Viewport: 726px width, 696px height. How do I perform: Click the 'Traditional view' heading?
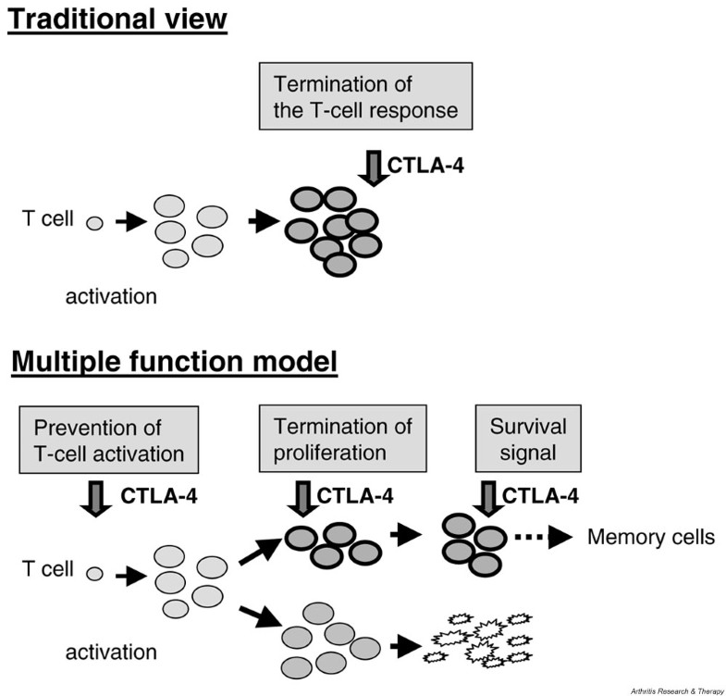tap(117, 19)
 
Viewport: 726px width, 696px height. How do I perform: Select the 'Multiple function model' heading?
tap(174, 362)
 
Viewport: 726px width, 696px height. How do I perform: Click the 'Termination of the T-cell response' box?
tap(366, 96)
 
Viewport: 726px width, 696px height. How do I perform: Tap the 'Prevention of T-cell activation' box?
tap(109, 440)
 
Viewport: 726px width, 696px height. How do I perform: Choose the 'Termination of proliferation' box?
tap(342, 439)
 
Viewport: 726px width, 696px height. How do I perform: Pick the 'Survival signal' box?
tap(528, 439)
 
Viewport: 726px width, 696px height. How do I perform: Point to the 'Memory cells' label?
tap(651, 537)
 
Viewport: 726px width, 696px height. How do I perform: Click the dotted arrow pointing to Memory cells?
tap(544, 538)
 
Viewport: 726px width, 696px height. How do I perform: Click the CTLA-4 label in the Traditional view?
tap(425, 166)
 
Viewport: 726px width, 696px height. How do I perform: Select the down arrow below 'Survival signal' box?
tap(489, 499)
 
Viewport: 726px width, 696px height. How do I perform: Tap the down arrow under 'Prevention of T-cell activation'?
tap(96, 499)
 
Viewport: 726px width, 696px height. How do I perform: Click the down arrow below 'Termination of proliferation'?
tap(303, 499)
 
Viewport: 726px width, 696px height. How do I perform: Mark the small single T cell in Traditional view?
tap(94, 223)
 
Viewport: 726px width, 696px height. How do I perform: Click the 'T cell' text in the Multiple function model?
tap(48, 568)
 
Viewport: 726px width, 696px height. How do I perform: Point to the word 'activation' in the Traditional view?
tap(111, 296)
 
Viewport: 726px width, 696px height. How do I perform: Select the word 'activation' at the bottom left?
tap(111, 652)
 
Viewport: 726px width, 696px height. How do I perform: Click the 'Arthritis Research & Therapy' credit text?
tap(676, 691)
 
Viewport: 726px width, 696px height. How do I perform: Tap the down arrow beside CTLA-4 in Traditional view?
tap(374, 168)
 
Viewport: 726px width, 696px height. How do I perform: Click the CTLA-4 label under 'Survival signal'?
tap(540, 496)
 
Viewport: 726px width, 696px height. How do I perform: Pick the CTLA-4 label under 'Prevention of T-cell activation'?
tap(159, 496)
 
